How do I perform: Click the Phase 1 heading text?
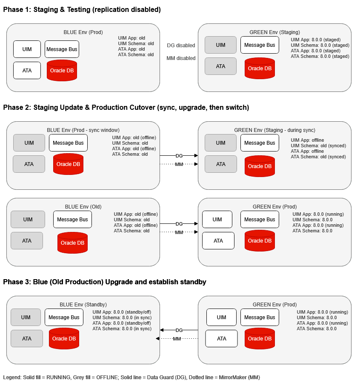(82, 9)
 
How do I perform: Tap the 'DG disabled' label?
(181, 46)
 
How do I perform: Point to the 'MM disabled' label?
(181, 58)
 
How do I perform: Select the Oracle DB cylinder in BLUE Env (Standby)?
(64, 339)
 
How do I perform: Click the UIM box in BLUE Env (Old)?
(28, 219)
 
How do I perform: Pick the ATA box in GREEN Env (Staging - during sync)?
(221, 164)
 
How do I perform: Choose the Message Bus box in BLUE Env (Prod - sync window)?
(68, 143)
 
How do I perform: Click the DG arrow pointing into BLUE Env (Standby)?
(179, 330)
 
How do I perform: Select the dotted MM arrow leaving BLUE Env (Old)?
(179, 232)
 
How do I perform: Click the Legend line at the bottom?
(131, 377)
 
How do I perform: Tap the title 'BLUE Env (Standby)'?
(83, 305)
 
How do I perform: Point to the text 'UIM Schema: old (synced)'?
(318, 146)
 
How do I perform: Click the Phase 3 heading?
(105, 282)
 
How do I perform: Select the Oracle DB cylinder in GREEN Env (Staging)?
(260, 69)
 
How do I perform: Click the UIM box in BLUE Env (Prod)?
(27, 49)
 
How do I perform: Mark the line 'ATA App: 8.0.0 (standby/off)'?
(122, 323)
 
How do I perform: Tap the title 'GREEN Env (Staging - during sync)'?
(275, 130)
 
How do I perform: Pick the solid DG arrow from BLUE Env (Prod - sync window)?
(179, 156)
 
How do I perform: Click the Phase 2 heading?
(126, 108)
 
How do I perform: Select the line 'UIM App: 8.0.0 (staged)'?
(316, 40)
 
